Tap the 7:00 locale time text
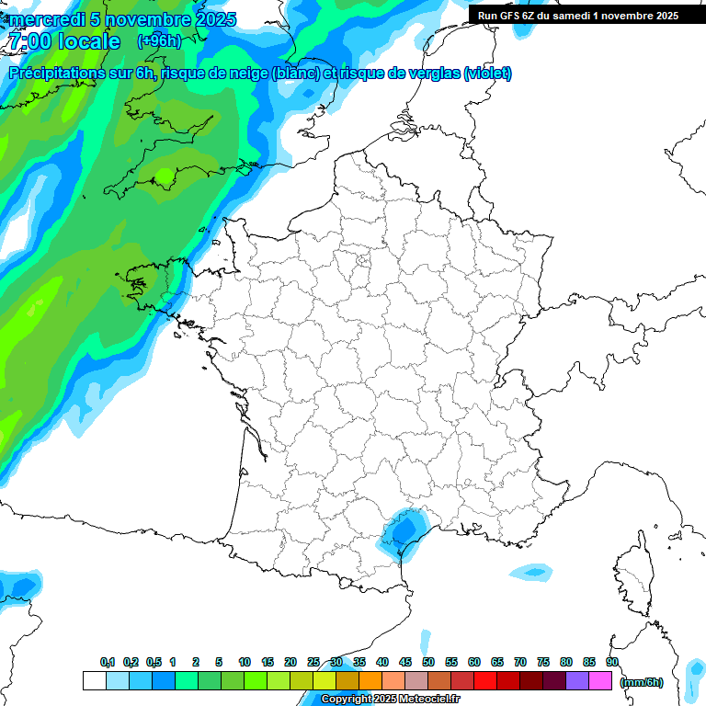click(x=63, y=41)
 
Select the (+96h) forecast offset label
click(x=160, y=41)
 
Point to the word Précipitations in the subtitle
click(x=56, y=74)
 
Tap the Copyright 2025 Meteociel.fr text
click(x=390, y=699)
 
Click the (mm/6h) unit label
click(x=641, y=682)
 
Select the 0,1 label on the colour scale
click(x=108, y=662)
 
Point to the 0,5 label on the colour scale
click(x=154, y=662)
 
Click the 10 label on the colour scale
click(x=245, y=662)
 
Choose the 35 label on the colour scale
click(x=359, y=662)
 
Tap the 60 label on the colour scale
click(x=474, y=662)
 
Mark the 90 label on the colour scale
click(x=612, y=662)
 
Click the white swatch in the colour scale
click(x=94, y=680)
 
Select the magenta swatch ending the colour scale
click(x=600, y=680)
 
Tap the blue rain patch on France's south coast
click(x=401, y=530)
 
